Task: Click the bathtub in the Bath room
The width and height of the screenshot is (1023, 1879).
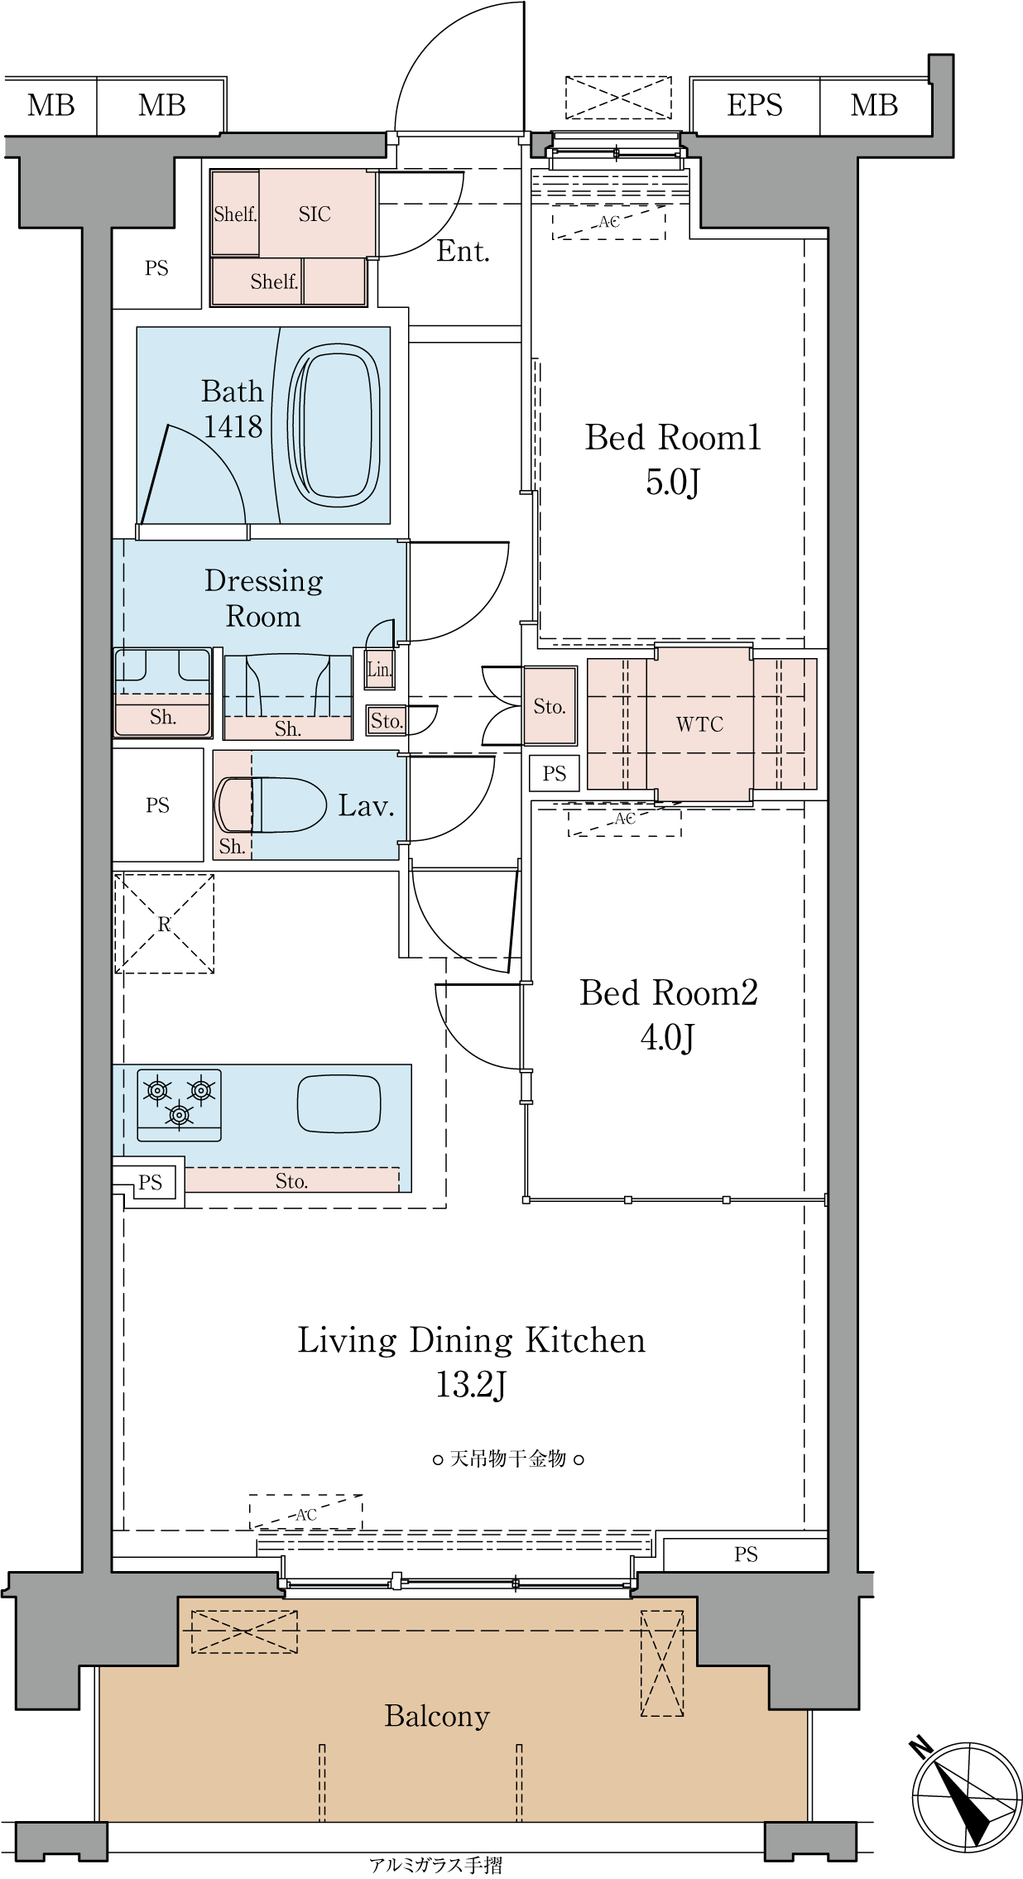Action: [x=334, y=425]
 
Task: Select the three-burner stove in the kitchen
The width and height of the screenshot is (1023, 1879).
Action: [x=179, y=1104]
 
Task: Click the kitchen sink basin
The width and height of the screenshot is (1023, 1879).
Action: [x=339, y=1103]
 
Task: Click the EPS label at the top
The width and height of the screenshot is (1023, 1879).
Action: [x=754, y=105]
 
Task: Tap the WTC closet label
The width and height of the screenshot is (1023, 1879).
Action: [x=699, y=724]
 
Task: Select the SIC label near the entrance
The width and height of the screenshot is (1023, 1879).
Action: [x=315, y=214]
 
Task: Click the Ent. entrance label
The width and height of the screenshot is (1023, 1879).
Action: [x=463, y=251]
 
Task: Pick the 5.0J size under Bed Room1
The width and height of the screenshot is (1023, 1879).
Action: [x=672, y=482]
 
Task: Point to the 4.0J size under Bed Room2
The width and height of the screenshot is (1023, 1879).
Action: [x=667, y=1037]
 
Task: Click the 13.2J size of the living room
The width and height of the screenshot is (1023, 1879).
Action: [x=471, y=1385]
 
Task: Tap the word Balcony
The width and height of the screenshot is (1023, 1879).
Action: [x=437, y=1716]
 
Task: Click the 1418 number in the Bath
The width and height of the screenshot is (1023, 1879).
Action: [x=233, y=426]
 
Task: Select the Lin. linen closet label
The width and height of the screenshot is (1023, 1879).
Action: [x=380, y=670]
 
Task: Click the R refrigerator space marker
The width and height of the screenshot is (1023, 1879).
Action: [x=164, y=924]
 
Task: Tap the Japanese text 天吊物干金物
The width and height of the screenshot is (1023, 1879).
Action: [x=507, y=1459]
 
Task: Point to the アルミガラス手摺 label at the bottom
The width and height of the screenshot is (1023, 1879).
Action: [x=435, y=1865]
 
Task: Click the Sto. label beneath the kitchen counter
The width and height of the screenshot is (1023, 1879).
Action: [x=291, y=1181]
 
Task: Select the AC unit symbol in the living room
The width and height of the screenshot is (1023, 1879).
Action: [x=306, y=1511]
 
